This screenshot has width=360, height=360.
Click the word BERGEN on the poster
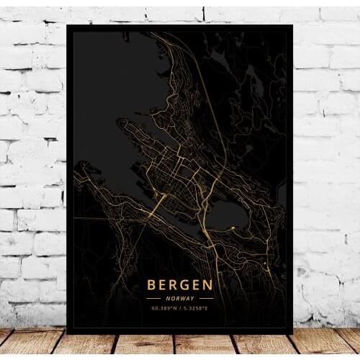click(179, 284)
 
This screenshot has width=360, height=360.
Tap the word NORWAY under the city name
click(179, 297)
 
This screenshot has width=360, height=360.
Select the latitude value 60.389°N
click(164, 308)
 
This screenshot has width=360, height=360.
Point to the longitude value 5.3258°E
click(195, 308)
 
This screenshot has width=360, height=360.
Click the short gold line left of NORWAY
click(154, 297)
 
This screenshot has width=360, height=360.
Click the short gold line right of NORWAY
click(205, 297)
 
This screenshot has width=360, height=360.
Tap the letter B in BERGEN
click(152, 284)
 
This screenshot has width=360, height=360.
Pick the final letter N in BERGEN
click(207, 284)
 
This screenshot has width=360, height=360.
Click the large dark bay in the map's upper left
click(115, 79)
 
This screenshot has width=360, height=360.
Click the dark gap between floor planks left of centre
click(115, 344)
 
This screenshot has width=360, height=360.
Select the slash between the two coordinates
click(180, 308)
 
